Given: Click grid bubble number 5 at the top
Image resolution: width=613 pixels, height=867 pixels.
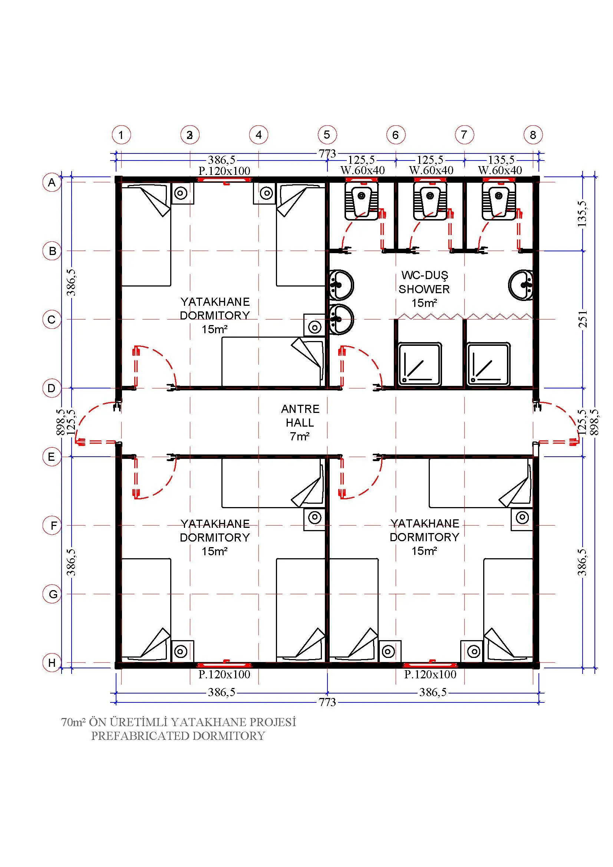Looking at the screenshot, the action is click(327, 135).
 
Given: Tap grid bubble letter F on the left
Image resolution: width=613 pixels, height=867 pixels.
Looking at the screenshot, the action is click(52, 526).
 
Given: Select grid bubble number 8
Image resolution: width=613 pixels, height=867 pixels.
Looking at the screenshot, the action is click(533, 135).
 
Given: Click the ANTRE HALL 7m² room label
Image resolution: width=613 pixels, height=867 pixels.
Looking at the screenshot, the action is click(300, 423).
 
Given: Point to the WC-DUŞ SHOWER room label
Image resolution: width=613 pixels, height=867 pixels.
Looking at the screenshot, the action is click(424, 289).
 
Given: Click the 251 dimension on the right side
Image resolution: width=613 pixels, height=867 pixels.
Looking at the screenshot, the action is click(583, 319).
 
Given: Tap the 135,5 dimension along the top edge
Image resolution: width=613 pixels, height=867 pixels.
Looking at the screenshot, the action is click(501, 160).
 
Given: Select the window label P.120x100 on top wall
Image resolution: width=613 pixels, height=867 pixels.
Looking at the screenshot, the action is click(224, 171).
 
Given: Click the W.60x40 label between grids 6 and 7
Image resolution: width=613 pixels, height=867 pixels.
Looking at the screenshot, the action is click(431, 170).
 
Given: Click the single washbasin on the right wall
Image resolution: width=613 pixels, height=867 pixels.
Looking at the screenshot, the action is click(521, 285).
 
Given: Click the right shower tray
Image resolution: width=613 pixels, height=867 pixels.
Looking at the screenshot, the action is click(488, 364).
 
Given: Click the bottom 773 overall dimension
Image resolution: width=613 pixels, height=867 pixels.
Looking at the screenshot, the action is click(327, 702).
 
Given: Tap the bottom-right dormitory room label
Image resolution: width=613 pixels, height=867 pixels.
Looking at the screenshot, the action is click(425, 537).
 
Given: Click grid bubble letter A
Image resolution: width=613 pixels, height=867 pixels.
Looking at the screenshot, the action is click(52, 183).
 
